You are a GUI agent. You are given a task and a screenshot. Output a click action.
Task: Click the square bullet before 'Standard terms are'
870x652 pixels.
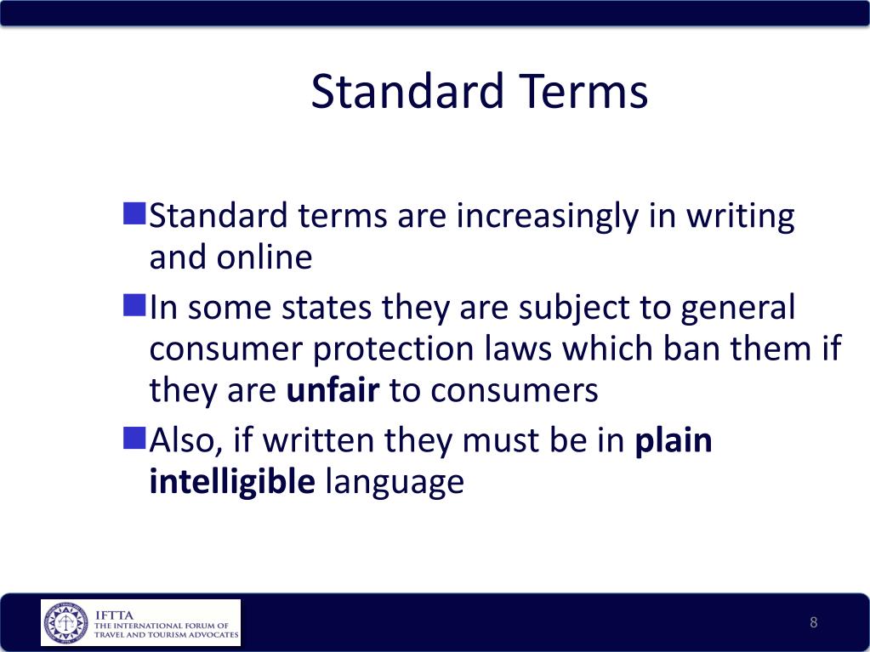click(134, 213)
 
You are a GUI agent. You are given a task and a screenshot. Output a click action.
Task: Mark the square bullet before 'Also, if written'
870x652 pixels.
click(134, 439)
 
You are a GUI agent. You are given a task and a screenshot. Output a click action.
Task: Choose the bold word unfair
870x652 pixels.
click(333, 390)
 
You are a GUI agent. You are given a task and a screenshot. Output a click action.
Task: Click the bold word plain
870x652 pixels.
click(674, 441)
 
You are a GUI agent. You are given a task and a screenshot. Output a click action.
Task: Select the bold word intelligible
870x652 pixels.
click(232, 482)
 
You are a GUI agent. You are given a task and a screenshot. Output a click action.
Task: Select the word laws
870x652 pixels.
click(519, 349)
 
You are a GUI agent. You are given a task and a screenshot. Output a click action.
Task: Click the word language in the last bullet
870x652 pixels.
click(395, 482)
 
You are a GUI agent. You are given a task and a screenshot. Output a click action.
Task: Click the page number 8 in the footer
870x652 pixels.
click(813, 623)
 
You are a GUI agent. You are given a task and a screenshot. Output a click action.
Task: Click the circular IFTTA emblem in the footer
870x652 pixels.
click(65, 623)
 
